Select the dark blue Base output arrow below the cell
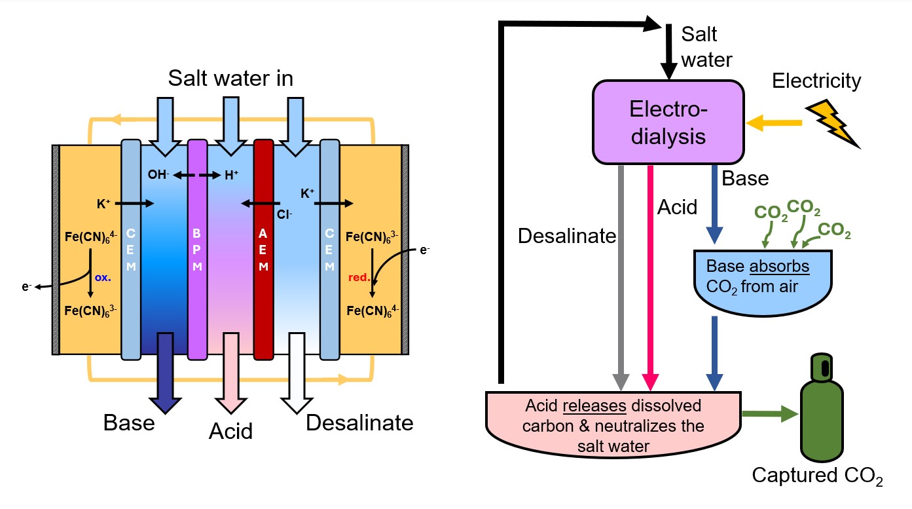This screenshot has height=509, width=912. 164,373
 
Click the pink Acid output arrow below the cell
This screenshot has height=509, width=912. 231,373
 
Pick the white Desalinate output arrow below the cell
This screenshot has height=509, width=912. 297,373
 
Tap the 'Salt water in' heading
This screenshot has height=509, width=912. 230,79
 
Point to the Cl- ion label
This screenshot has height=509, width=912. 283,212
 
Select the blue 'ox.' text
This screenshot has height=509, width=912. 103,276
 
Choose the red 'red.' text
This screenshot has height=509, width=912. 357,276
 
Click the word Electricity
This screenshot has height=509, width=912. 816,81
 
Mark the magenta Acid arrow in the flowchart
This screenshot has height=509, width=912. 650,275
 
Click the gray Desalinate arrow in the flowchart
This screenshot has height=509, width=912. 620,275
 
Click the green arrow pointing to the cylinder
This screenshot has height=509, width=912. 770,414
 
